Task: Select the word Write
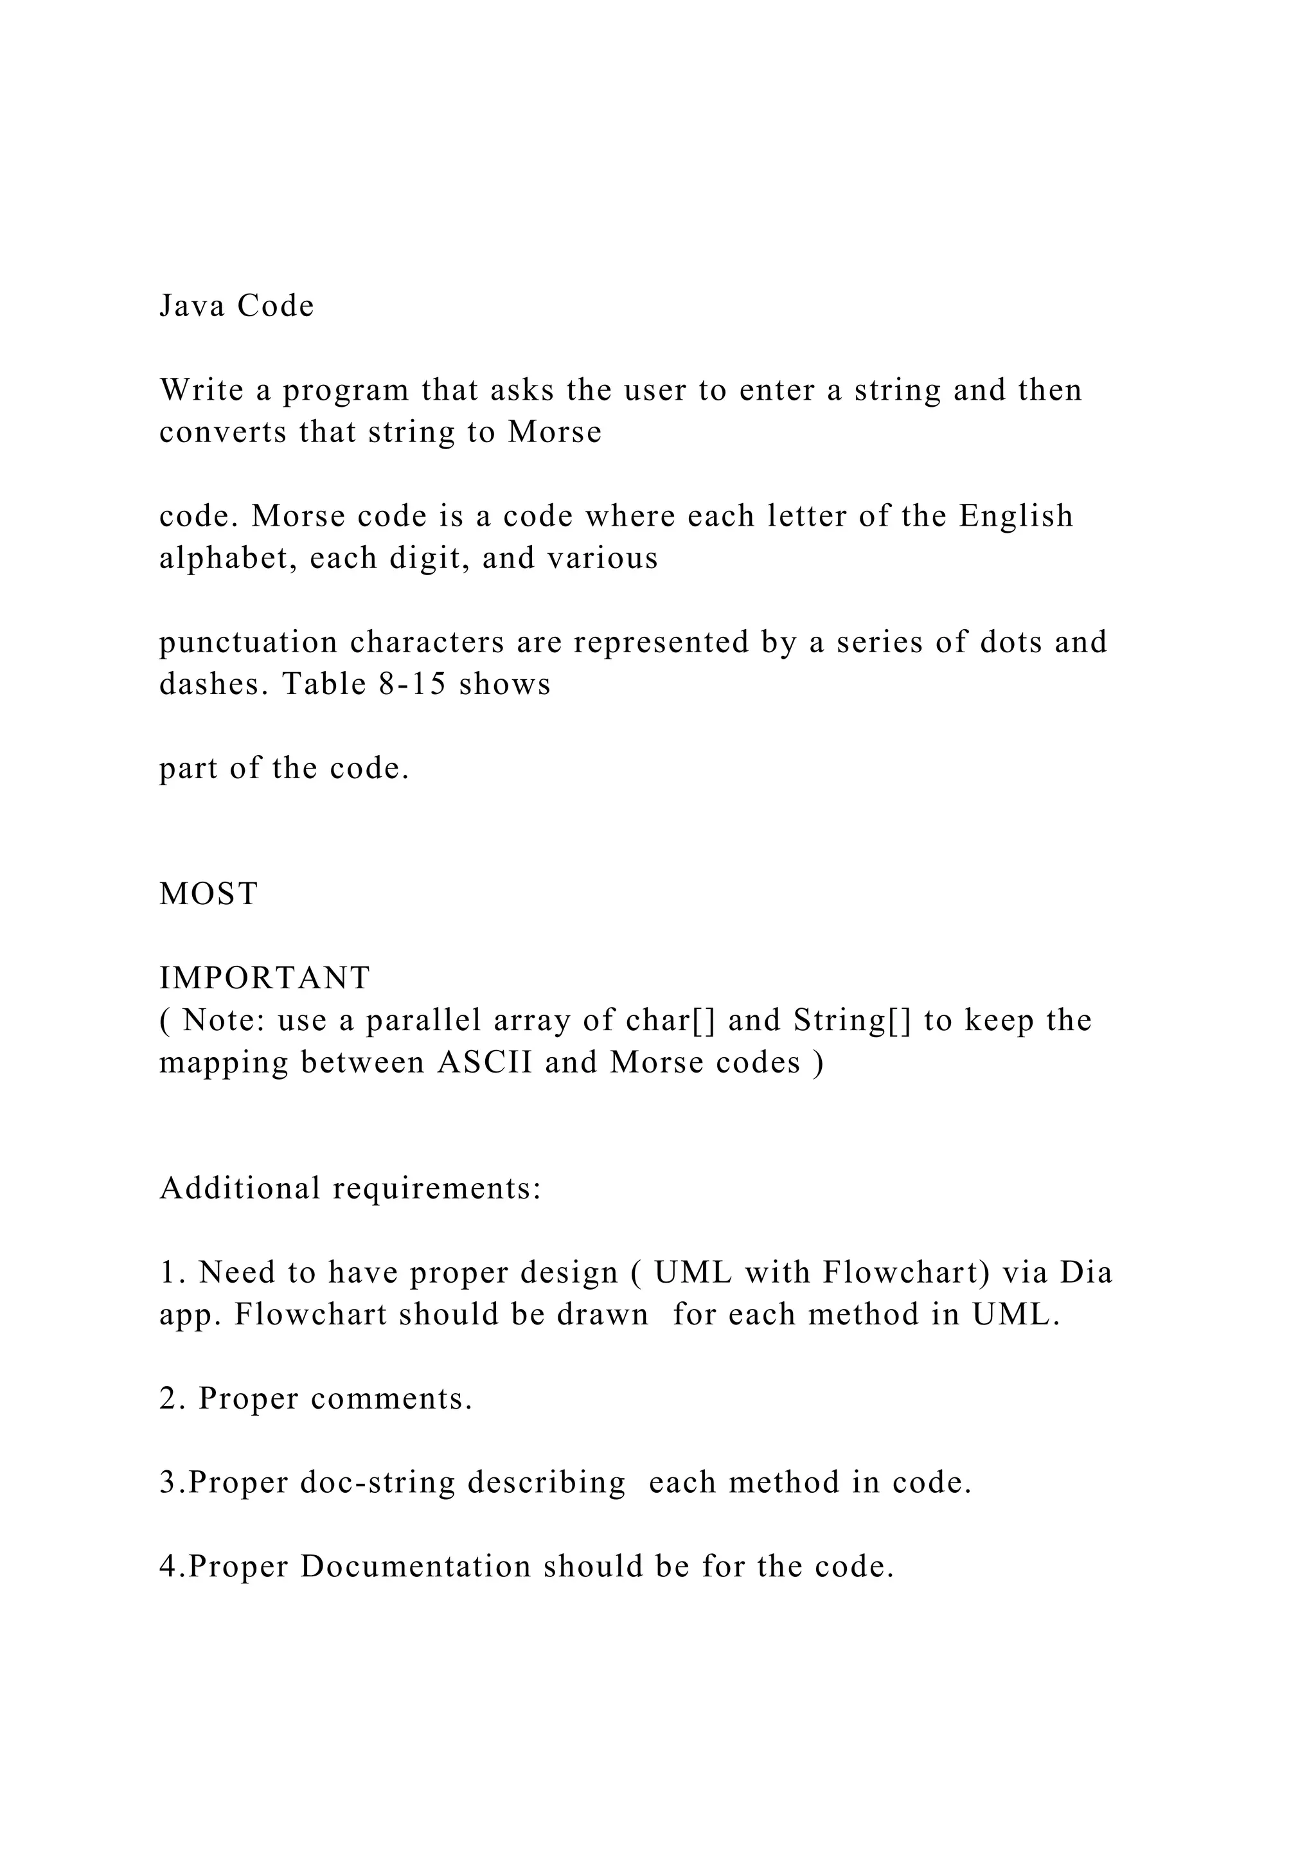coord(202,391)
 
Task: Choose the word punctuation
coord(248,643)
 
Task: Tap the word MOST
coord(209,894)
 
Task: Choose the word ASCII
coord(485,1063)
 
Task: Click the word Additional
coord(241,1189)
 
